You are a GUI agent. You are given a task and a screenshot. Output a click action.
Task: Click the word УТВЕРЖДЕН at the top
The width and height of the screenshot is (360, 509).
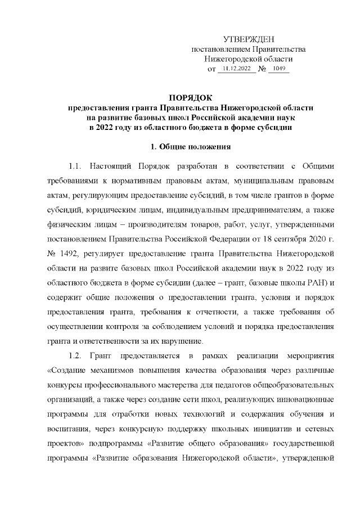[x=249, y=39]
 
